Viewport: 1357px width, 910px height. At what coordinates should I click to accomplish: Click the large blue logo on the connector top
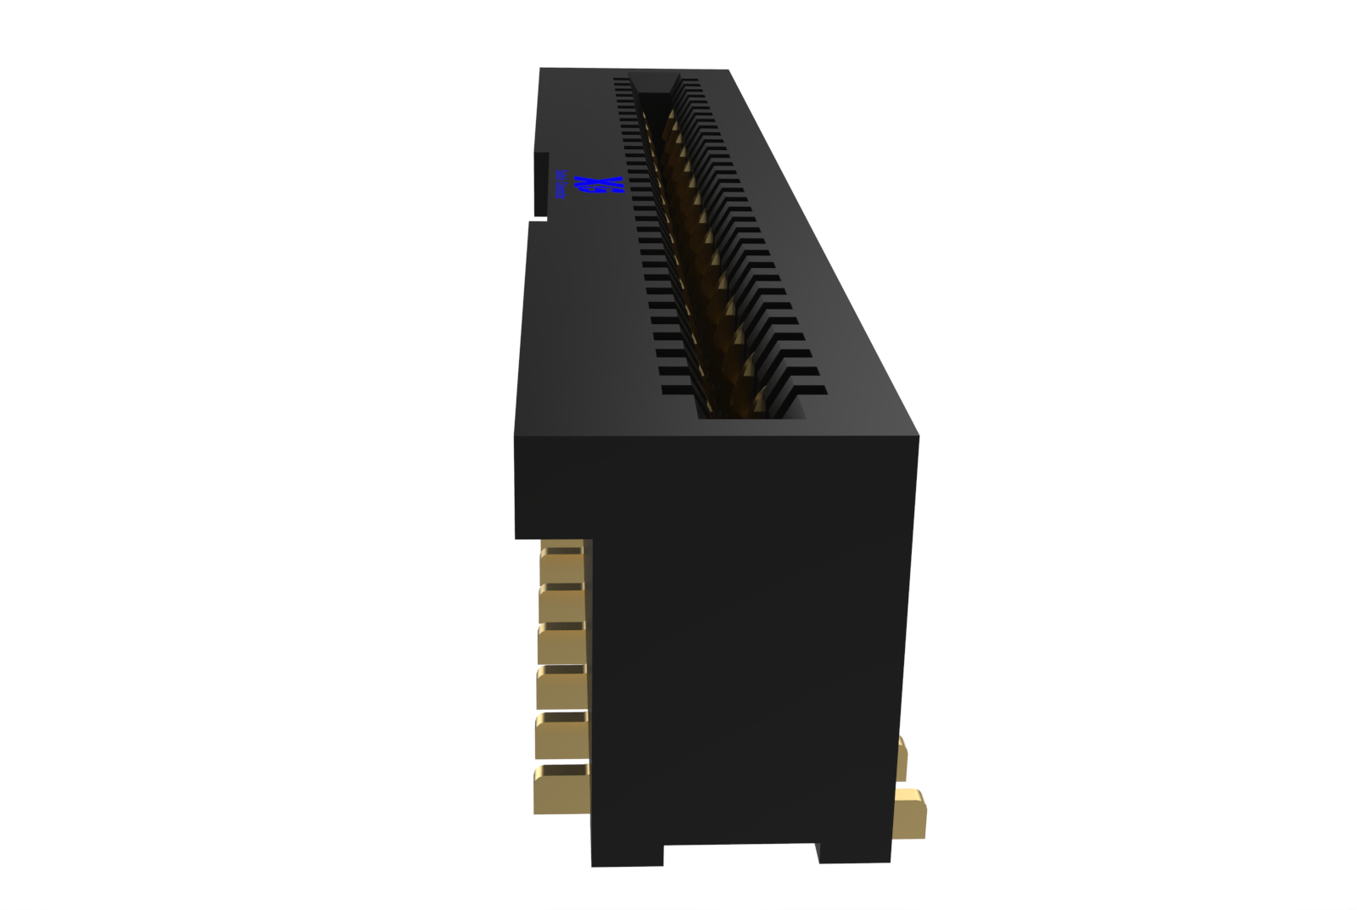point(599,185)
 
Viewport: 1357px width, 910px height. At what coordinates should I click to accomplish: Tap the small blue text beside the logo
point(561,184)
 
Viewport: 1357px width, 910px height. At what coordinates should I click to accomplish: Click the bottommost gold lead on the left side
point(561,790)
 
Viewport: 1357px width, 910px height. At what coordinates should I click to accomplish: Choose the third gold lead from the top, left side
point(562,642)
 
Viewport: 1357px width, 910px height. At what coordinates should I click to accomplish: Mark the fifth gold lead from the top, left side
point(561,734)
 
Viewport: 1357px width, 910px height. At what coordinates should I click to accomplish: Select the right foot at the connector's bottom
point(853,851)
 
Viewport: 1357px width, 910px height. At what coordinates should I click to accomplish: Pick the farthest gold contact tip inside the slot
point(670,114)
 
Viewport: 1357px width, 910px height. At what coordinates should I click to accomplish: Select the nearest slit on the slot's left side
point(678,391)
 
